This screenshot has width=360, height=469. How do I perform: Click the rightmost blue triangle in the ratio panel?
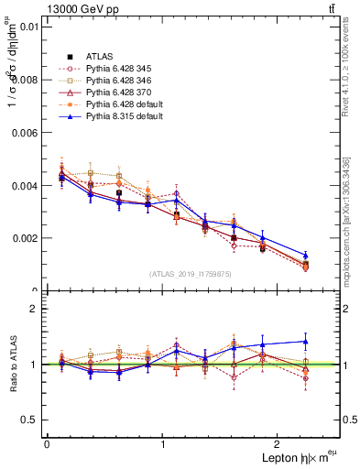pyautogui.click(x=305, y=342)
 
